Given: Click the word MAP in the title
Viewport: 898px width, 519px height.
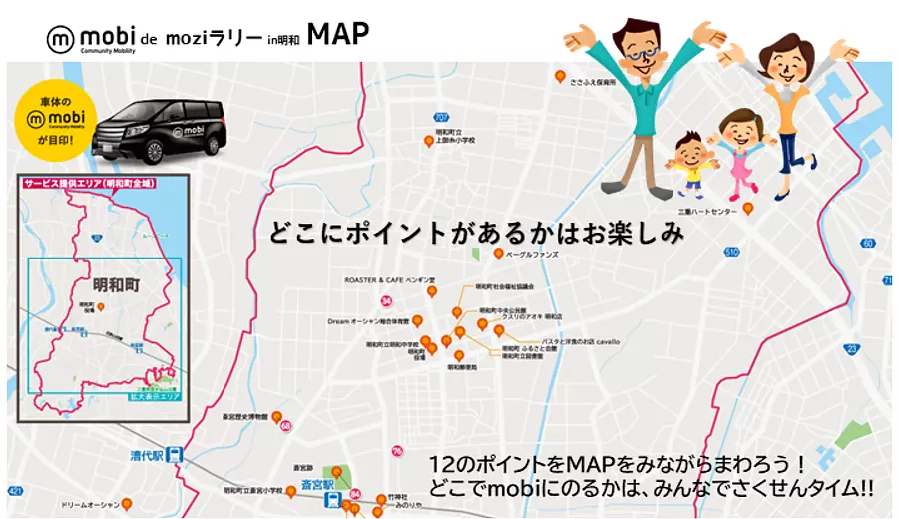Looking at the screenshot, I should pyautogui.click(x=338, y=34).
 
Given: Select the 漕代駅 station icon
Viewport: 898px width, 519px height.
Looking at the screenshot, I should pyautogui.click(x=176, y=453).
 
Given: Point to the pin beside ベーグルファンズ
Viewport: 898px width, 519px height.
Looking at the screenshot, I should pyautogui.click(x=498, y=255).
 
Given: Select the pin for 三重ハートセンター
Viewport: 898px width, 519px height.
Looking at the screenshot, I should pyautogui.click(x=747, y=208).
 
